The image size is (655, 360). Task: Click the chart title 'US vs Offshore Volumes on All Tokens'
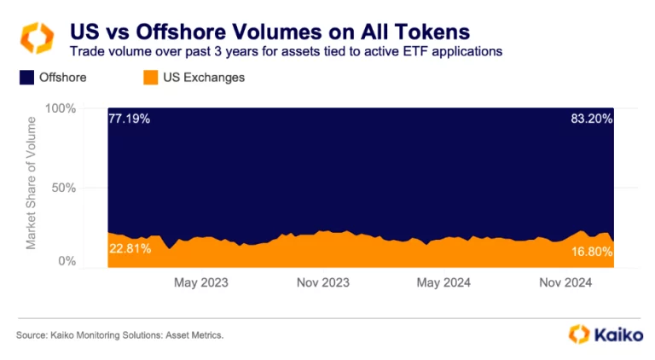coord(269,32)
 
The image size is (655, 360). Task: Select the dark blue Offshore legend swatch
coord(25,78)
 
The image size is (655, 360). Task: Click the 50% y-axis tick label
coord(64,188)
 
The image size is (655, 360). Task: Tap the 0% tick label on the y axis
coord(67,262)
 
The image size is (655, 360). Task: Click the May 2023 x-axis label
coord(201,282)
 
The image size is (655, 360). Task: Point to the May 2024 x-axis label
coord(443,282)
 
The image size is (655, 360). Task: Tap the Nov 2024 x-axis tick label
coord(566,282)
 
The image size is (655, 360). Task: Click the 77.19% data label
coord(130,119)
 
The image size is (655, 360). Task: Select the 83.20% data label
coord(591,119)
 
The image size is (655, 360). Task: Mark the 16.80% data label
coord(591,252)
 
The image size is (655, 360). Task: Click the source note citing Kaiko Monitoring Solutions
coord(119,335)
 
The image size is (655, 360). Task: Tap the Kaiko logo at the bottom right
coord(606,334)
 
